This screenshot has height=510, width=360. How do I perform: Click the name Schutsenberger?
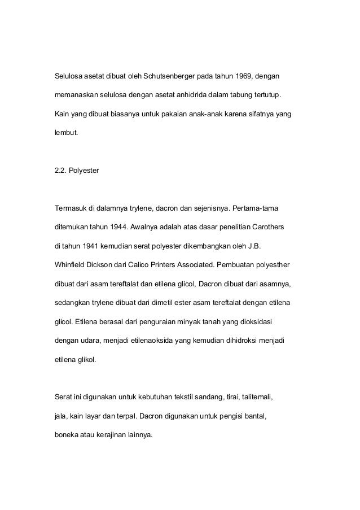point(170,76)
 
